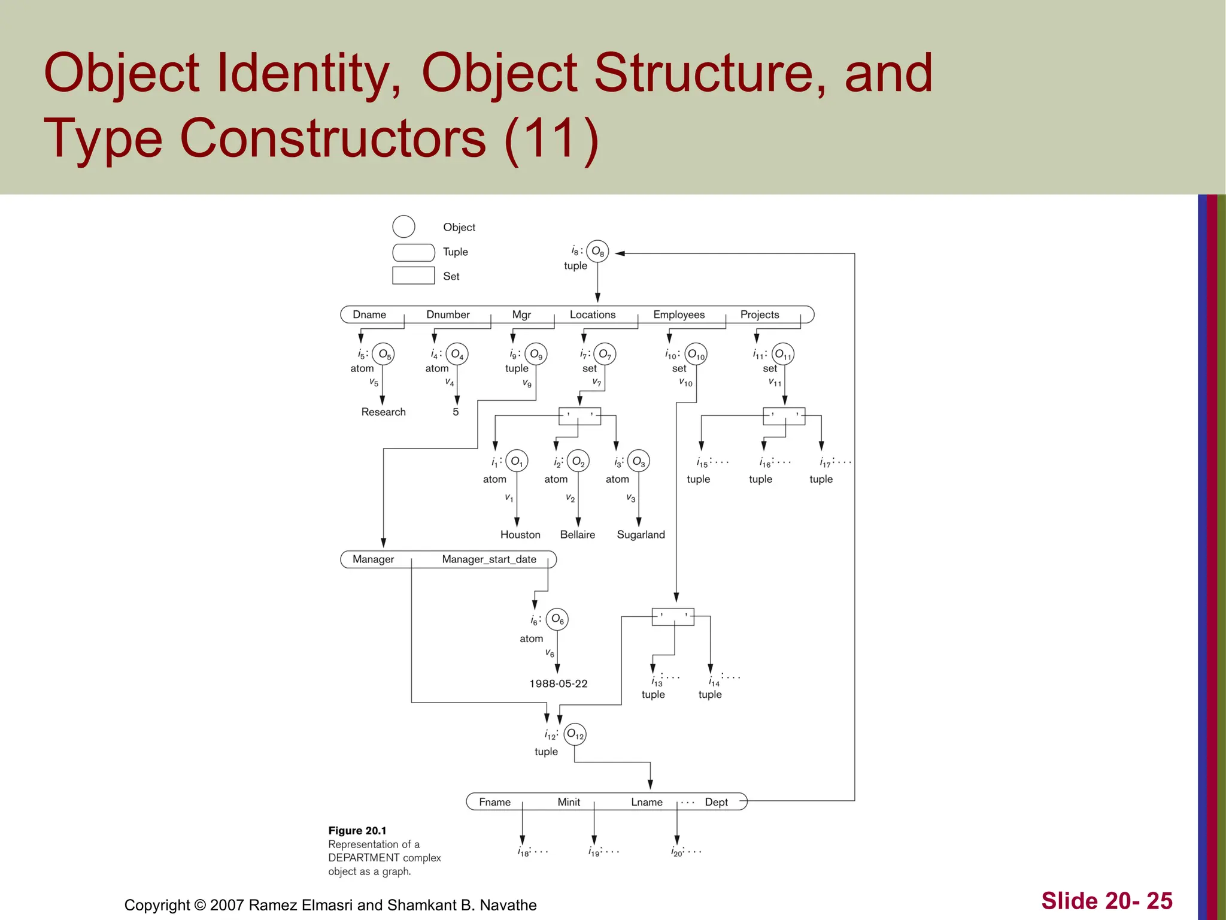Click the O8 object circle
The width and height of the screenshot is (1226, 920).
coord(597,252)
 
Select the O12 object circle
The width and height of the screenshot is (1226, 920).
coord(575,734)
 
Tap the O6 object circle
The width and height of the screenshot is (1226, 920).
coord(557,619)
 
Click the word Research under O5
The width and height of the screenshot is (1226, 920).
coord(383,412)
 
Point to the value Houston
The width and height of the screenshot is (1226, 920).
coord(520,535)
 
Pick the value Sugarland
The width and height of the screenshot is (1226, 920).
coord(641,535)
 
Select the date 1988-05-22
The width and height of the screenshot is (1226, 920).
coord(559,684)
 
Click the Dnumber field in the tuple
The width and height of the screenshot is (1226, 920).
coord(448,315)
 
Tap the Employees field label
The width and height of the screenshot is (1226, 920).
coord(679,315)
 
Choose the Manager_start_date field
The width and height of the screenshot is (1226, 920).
coord(489,559)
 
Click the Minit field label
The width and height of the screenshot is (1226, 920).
coord(569,803)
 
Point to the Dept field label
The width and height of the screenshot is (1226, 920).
coord(716,803)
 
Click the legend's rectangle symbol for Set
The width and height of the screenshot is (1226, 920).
coord(413,276)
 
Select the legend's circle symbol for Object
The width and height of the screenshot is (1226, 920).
coord(403,227)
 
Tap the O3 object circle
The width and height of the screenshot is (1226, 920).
coord(639,461)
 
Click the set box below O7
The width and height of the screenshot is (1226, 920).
coord(579,416)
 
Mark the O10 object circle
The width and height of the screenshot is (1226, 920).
coord(696,354)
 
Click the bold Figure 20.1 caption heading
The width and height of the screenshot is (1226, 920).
coord(357,831)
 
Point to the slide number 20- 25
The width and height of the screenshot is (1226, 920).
coord(1107,901)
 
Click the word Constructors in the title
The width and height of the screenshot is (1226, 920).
coord(333,139)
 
